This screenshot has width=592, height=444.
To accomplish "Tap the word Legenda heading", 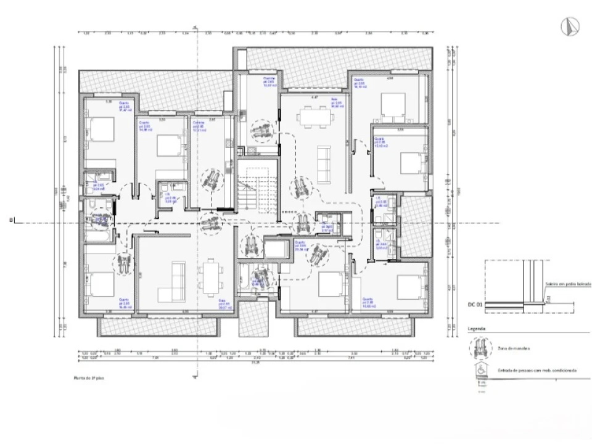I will [477, 329].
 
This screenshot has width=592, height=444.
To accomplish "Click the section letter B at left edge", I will [10, 220].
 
